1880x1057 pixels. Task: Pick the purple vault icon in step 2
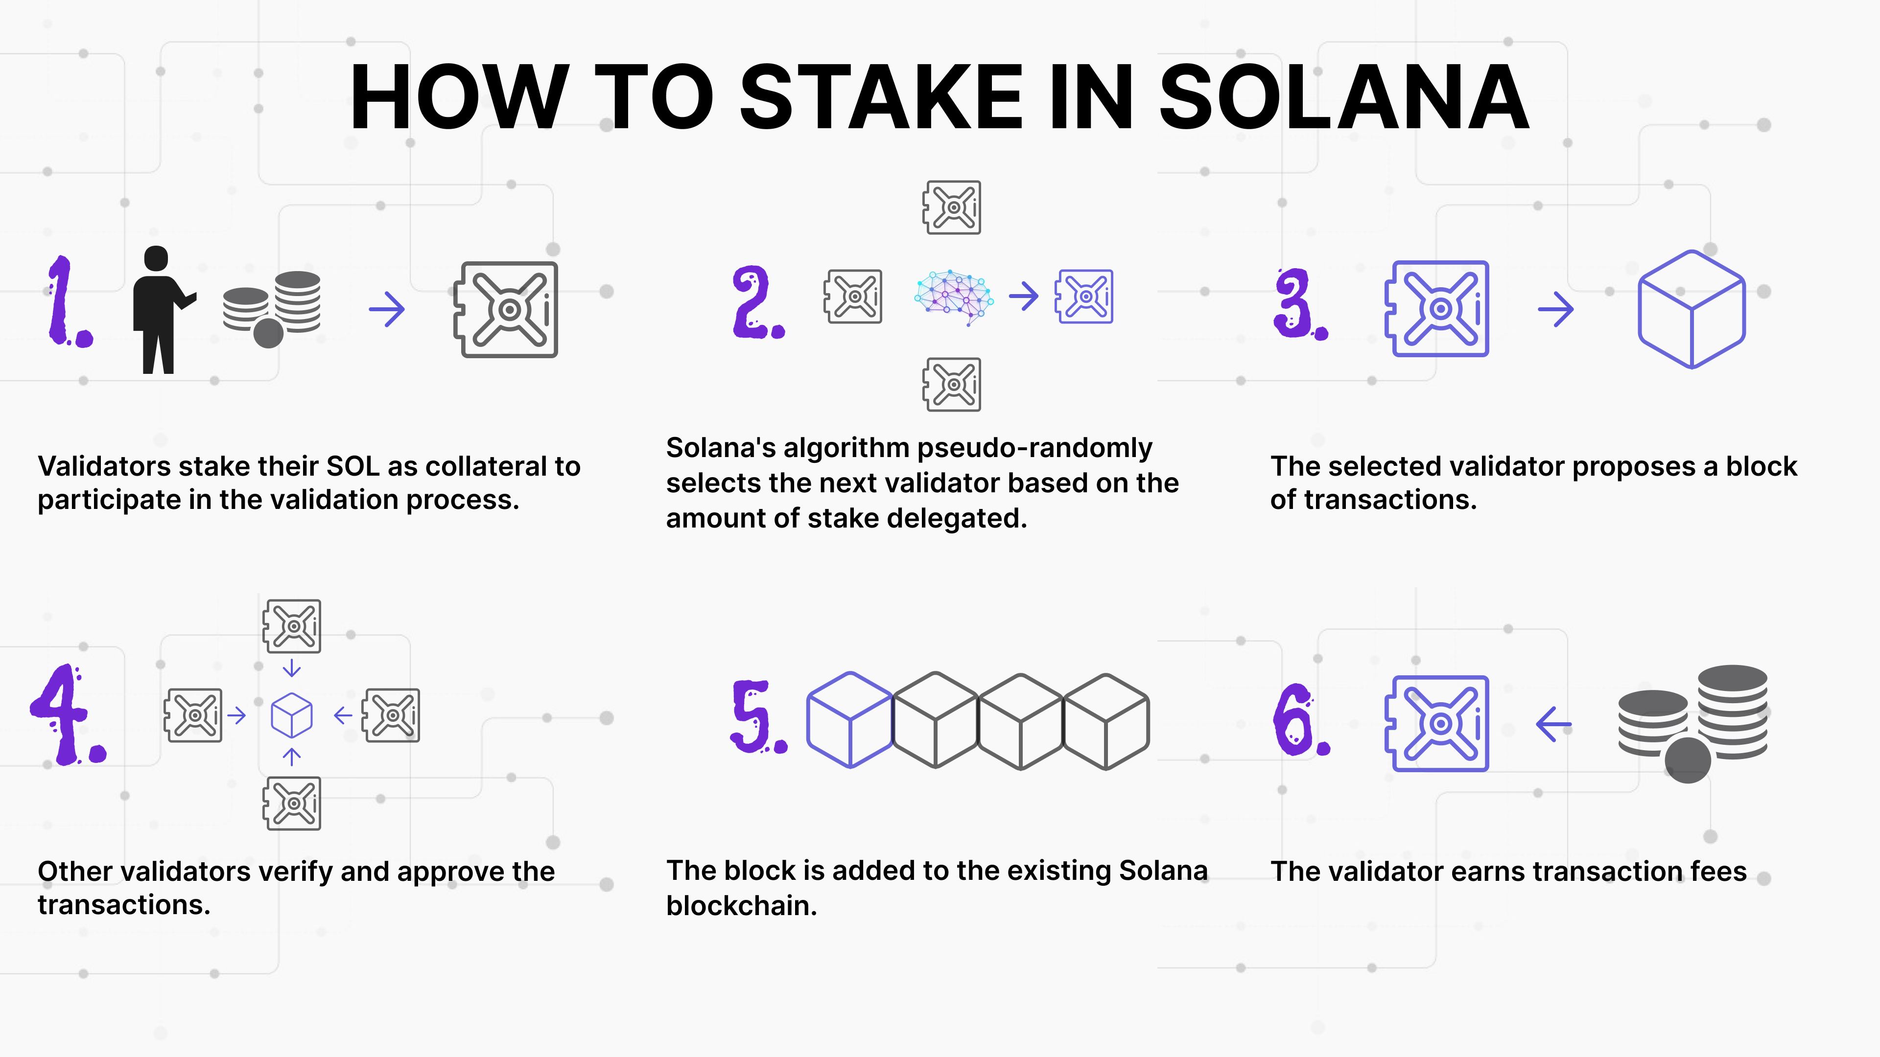coord(1084,296)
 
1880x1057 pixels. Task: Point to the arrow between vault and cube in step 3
coord(1555,309)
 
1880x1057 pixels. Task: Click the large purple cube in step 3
coord(1692,309)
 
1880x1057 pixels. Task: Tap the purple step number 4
coord(66,715)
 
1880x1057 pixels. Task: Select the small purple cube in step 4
coord(292,715)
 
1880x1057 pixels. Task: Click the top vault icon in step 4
coord(292,626)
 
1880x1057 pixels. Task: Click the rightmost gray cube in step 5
coord(1106,721)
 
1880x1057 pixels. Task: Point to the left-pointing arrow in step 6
coord(1554,724)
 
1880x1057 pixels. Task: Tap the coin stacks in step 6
coord(1693,722)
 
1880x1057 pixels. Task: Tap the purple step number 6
coord(1297,721)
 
